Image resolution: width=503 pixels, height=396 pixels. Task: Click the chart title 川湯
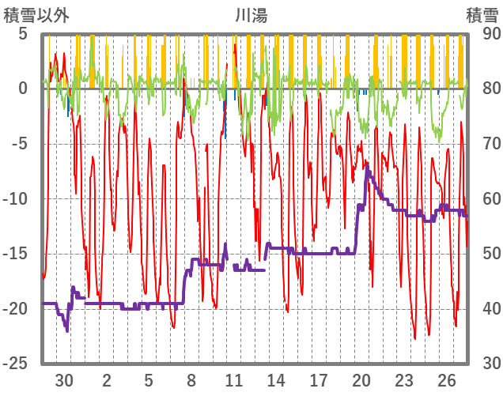(x=251, y=14)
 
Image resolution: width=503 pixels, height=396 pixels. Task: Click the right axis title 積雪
(x=482, y=14)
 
